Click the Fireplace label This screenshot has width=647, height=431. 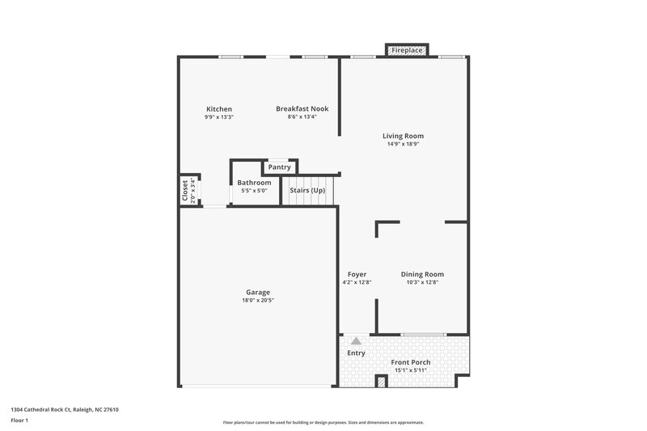[407, 50]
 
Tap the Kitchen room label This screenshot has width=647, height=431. [219, 109]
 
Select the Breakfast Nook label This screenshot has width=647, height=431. [302, 109]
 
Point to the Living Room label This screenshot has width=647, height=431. [403, 136]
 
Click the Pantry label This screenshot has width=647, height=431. [280, 167]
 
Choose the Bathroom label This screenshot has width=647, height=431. [254, 183]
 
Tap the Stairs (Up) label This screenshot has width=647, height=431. [307, 190]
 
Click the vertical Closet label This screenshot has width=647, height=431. [185, 190]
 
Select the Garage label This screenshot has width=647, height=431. [258, 292]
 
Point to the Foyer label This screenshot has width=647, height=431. [357, 274]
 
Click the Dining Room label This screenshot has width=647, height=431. [422, 274]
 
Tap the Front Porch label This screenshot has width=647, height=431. [410, 362]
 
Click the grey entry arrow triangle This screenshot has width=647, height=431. [356, 341]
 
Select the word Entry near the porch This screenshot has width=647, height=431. [356, 353]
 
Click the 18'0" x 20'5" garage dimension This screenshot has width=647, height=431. [258, 300]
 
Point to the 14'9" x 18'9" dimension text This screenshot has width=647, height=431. [403, 144]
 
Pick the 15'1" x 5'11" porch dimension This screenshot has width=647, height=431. [410, 370]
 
